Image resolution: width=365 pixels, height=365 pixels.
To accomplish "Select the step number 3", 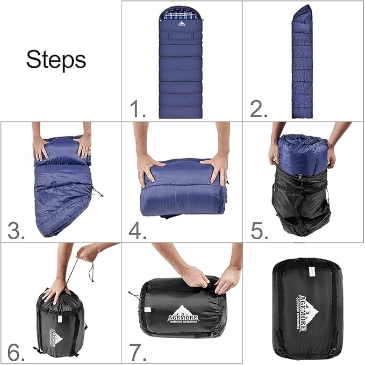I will pyautogui.click(x=17, y=231).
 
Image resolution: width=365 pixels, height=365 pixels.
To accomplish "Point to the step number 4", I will pyautogui.click(x=138, y=231).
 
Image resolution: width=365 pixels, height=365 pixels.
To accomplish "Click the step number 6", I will pyautogui.click(x=17, y=352).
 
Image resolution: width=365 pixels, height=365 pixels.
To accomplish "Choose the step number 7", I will pyautogui.click(x=138, y=352).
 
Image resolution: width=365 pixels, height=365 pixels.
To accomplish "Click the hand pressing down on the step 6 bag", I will pyautogui.click(x=56, y=290).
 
